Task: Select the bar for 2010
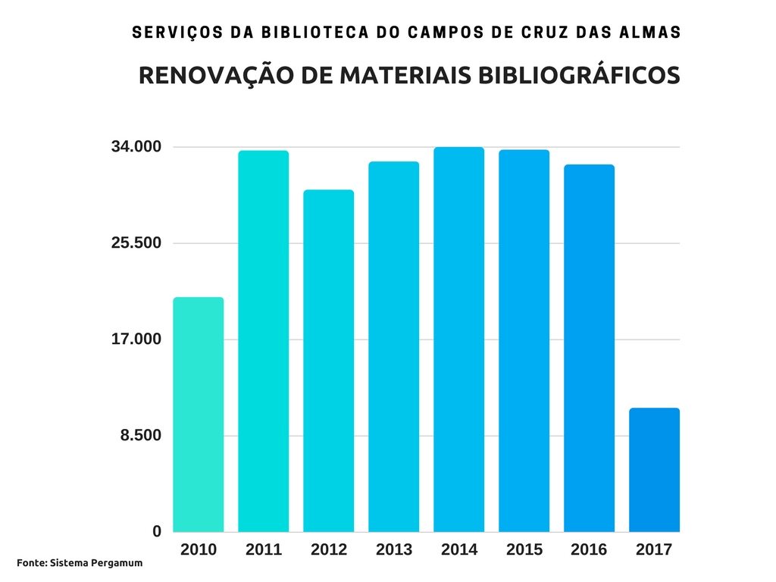[199, 415]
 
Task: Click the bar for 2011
[263, 341]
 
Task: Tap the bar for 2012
[328, 361]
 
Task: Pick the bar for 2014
[458, 339]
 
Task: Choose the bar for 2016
[589, 348]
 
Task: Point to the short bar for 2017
[654, 470]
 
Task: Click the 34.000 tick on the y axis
[136, 147]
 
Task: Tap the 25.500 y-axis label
[136, 243]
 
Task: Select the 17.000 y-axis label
[136, 339]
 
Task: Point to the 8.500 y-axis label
[141, 435]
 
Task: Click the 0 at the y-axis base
[157, 532]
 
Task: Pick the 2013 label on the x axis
[394, 550]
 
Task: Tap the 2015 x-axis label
[524, 550]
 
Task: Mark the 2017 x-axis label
[654, 550]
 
